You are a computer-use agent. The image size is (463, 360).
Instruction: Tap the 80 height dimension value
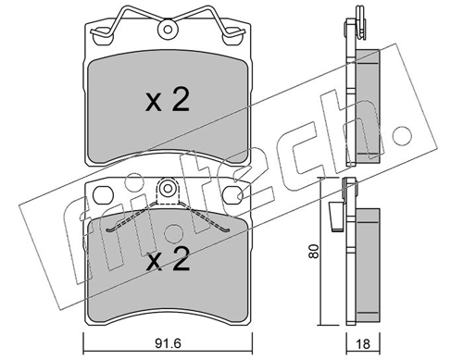[314, 252]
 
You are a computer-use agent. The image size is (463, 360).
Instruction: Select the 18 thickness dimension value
[363, 343]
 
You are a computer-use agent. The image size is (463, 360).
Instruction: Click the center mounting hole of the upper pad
[168, 30]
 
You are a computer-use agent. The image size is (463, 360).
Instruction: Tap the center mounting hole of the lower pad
[168, 188]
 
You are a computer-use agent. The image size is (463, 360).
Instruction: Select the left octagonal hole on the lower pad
[103, 195]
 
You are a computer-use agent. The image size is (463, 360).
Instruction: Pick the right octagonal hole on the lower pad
[232, 195]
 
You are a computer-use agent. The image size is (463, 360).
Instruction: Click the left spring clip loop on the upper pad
[103, 32]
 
